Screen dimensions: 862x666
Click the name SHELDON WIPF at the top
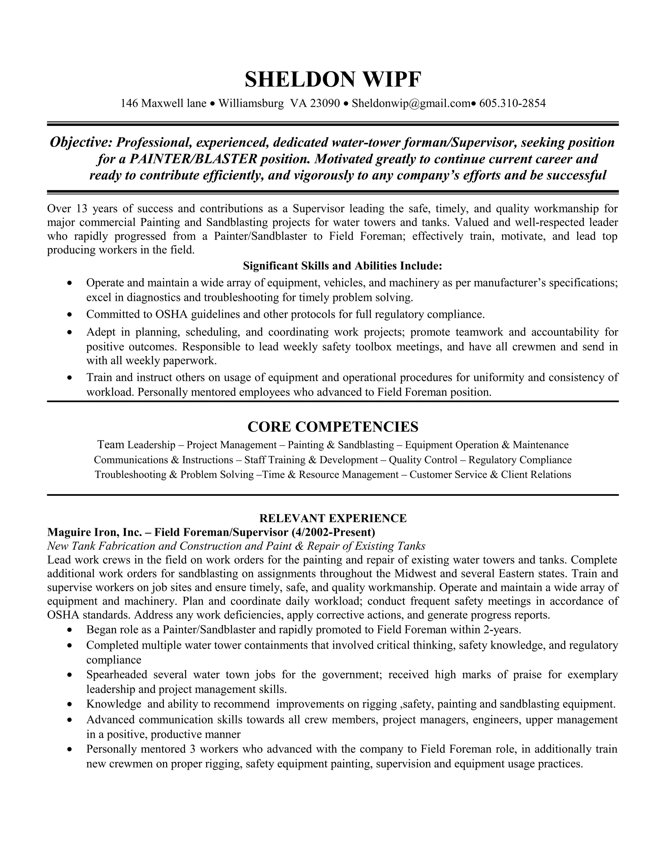click(333, 80)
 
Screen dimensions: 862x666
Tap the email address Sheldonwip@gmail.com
click(411, 103)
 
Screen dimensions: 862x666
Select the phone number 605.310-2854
click(512, 103)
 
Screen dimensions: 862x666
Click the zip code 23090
click(325, 103)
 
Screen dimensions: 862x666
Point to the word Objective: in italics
click(81, 142)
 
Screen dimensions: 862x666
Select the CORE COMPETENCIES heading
click(333, 427)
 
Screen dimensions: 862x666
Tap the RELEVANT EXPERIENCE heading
click(333, 518)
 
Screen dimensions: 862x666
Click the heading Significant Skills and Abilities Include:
click(342, 266)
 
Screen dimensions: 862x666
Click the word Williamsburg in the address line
click(251, 103)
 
